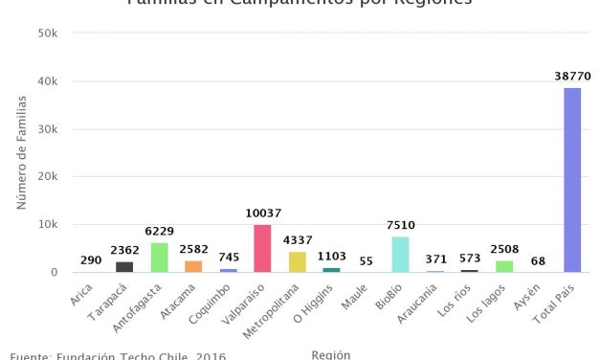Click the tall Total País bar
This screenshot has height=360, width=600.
coord(572,180)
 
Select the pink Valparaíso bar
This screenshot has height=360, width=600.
coord(262,248)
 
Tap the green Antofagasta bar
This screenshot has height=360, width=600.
coord(159,258)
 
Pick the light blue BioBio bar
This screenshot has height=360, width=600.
coord(400,255)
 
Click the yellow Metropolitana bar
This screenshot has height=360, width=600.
coord(297,261)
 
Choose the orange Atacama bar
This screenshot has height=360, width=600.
coord(193,266)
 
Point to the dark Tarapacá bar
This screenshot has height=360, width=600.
coord(124,267)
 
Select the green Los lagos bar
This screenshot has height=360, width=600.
coord(503,266)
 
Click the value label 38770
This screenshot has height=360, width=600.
coord(572,75)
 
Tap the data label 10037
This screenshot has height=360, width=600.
coord(262,213)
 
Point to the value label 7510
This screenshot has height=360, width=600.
coord(400,224)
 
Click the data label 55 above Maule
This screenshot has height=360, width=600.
coord(366,259)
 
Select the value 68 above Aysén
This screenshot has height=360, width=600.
coord(538,259)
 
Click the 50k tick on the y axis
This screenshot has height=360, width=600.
coord(47,34)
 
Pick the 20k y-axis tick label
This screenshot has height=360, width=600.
coord(47,177)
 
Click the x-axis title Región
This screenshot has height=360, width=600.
coord(331,354)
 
